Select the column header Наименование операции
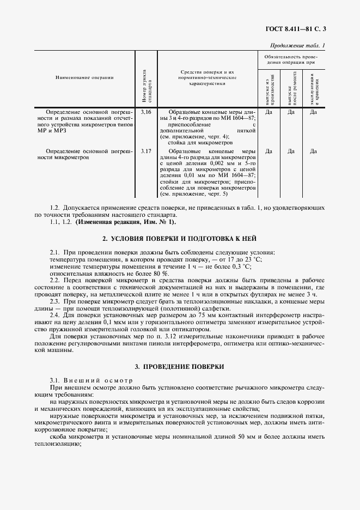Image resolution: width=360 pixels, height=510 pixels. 84,77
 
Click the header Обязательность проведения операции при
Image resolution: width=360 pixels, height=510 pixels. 290,59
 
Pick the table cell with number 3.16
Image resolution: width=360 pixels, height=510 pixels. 145,112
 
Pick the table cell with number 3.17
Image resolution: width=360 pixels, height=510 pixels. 145,150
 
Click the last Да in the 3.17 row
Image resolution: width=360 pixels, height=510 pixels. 313,150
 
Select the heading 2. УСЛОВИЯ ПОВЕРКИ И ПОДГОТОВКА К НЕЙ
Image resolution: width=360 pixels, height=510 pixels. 180,239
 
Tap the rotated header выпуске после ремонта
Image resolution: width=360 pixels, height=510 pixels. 291,87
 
